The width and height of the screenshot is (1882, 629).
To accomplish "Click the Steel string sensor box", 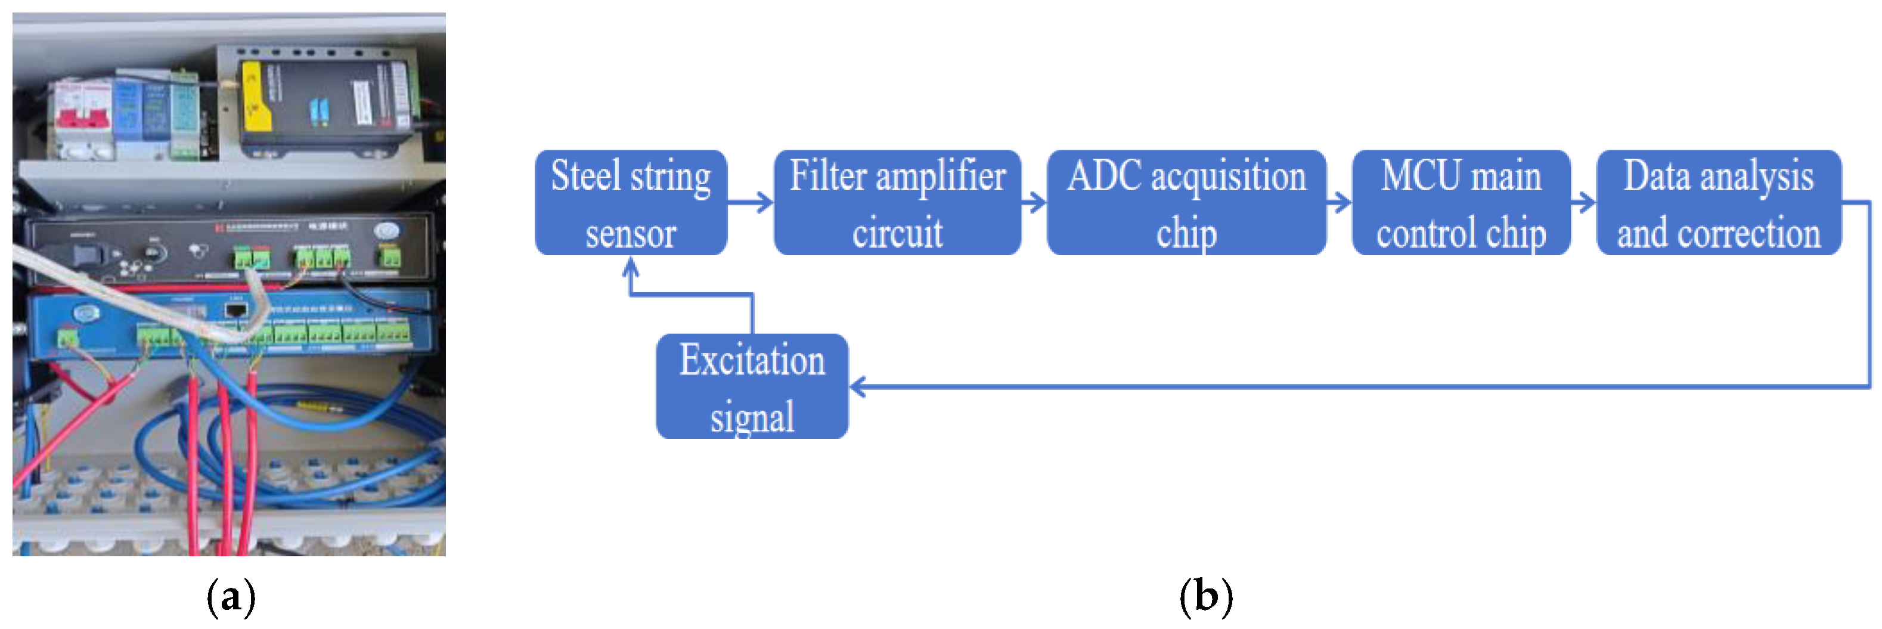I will pos(631,203).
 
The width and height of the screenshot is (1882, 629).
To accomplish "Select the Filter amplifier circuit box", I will pos(897,203).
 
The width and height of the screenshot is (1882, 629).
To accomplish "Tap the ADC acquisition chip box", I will pos(1186,203).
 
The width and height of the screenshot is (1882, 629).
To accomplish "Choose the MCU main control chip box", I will pos(1461,203).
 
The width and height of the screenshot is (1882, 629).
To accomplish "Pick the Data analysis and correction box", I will pos(1718,203).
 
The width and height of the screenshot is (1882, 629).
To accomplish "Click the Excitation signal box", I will pos(752,386).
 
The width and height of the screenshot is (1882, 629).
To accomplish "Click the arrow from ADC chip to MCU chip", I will pos(1339,202).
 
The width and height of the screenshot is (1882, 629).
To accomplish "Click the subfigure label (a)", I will pos(231,597).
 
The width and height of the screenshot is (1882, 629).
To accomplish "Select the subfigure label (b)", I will pos(1205,597).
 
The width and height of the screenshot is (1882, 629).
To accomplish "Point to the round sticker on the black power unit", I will pos(386,231).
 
